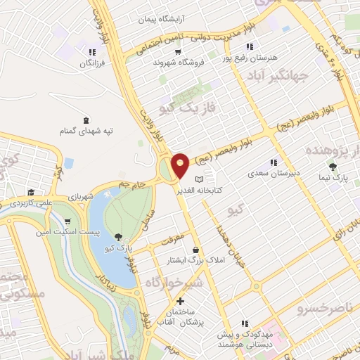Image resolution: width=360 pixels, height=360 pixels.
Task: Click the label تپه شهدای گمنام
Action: (x=86, y=131)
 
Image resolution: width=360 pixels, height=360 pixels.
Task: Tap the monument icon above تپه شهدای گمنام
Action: (x=86, y=120)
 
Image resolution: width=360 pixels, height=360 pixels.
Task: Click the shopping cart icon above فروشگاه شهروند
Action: (x=179, y=51)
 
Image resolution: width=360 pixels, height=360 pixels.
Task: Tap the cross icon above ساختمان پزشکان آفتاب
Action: (x=181, y=301)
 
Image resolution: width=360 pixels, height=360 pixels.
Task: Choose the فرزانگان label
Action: (x=91, y=63)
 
